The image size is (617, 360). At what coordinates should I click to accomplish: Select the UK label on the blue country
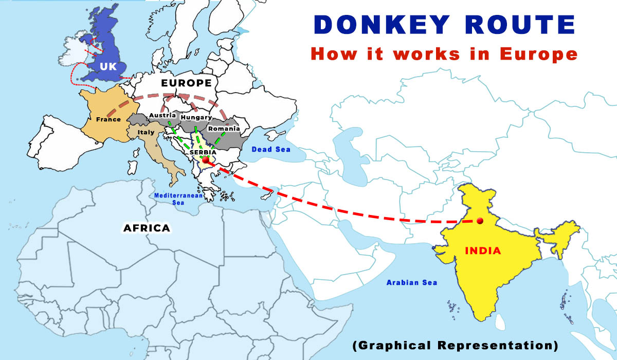click(108, 67)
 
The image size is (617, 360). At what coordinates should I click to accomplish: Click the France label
click(108, 119)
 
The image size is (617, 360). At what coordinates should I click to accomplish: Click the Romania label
click(224, 128)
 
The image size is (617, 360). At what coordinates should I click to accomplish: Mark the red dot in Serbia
click(206, 160)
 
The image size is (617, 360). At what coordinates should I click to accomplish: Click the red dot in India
click(480, 221)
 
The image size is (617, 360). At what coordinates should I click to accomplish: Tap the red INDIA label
click(483, 251)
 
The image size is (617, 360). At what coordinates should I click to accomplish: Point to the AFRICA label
click(147, 228)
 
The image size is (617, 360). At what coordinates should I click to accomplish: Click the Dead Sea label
click(271, 150)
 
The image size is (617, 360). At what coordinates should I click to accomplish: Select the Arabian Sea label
click(411, 282)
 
